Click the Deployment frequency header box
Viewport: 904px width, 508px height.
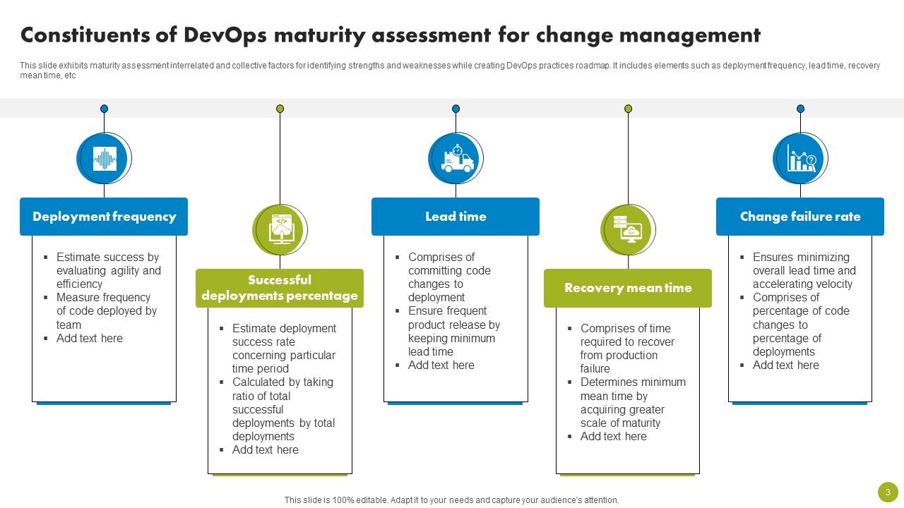coord(104,217)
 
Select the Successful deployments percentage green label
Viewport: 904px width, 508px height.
coord(280,288)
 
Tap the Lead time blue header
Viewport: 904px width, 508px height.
coord(456,217)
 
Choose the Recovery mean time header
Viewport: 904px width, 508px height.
coord(628,288)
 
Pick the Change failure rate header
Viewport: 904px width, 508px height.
coord(800,217)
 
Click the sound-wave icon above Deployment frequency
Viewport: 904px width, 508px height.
coord(104,158)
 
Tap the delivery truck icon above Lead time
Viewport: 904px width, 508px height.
coord(456,158)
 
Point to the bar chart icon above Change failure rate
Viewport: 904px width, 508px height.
coord(801,158)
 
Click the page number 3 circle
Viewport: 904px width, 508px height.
coord(888,492)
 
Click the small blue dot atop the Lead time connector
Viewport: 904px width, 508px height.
coord(456,109)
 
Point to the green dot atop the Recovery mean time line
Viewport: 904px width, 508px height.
coord(628,109)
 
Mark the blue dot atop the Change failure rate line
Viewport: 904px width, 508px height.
coord(800,109)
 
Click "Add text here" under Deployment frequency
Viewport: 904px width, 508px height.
coord(90,338)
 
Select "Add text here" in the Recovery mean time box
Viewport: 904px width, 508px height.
coord(613,436)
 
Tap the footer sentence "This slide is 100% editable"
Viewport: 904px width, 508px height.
coord(451,500)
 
